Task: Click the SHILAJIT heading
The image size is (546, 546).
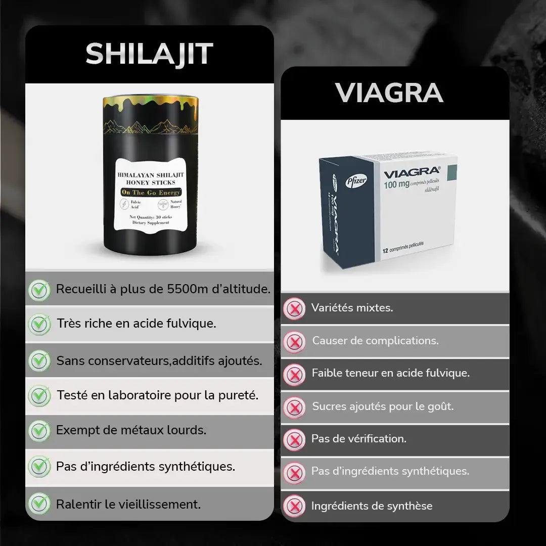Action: tap(149, 54)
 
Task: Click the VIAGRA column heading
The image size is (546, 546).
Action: tap(389, 93)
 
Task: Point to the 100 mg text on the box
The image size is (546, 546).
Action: tap(396, 185)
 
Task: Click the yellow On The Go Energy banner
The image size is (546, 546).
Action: tap(151, 193)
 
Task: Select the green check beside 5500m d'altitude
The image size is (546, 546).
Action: tap(39, 290)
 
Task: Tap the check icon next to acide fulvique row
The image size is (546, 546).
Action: tap(39, 324)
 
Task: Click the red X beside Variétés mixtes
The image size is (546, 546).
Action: tap(294, 308)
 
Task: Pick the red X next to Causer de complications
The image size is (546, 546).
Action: tap(294, 341)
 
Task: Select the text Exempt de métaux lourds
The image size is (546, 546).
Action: tap(131, 430)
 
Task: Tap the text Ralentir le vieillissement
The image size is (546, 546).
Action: tap(128, 504)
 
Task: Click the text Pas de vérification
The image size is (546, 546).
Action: tap(358, 439)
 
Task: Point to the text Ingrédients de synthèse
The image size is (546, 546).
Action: tap(372, 506)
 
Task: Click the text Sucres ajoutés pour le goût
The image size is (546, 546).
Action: tap(383, 406)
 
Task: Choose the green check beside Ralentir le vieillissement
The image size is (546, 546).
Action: tap(39, 504)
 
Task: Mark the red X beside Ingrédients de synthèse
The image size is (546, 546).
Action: tap(294, 506)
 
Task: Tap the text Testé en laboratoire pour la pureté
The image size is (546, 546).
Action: tap(158, 395)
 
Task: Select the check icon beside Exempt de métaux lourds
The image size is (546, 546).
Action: tap(39, 431)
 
